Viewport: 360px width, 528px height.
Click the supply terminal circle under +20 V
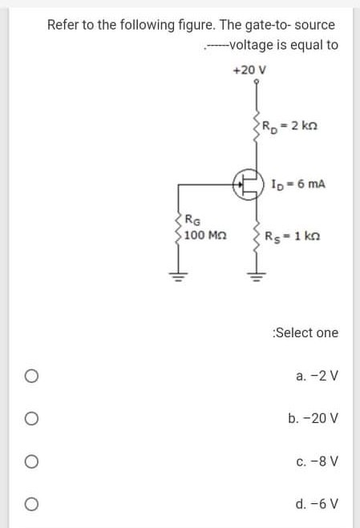click(256, 82)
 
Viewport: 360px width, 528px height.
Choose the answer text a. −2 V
click(317, 375)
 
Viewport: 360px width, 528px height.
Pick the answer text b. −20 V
click(313, 418)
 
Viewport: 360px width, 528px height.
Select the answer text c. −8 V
click(317, 461)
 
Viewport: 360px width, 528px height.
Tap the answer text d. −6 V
click(317, 505)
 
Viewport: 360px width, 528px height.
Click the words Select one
click(305, 333)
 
